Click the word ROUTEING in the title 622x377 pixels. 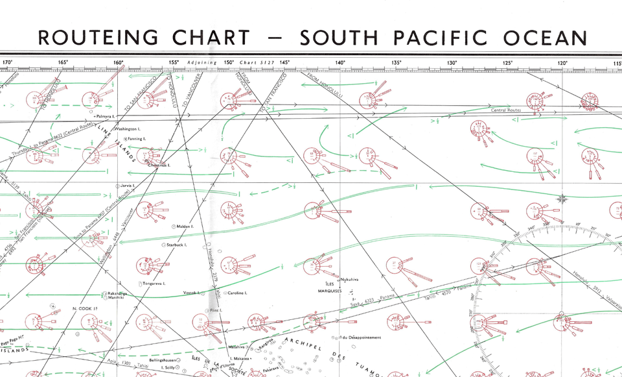[x=97, y=37]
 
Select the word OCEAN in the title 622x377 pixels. [x=547, y=37]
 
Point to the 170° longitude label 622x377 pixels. [x=8, y=63]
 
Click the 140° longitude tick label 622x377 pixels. [x=340, y=63]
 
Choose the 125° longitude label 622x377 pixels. [x=507, y=63]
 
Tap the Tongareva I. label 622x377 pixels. [x=154, y=284]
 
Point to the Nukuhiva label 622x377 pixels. [x=349, y=278]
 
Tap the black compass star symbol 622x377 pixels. [x=562, y=199]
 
